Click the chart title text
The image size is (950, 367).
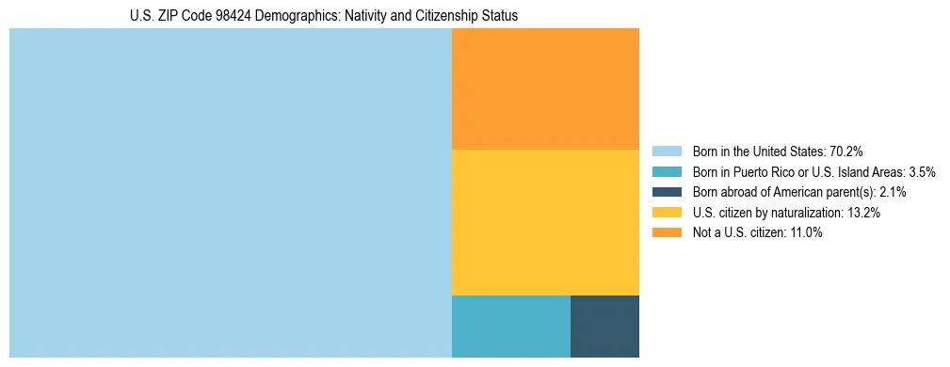coord(324,16)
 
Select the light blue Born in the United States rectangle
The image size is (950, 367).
coord(231,193)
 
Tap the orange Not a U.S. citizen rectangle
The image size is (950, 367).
coord(545,88)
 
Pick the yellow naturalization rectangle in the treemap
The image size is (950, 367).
coord(545,222)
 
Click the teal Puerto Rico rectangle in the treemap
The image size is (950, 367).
coord(511,326)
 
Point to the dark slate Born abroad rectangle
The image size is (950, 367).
coord(604,326)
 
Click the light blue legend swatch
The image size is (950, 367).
coord(667,151)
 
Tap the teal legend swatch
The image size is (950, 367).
coord(667,171)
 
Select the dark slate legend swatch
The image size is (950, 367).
coord(667,192)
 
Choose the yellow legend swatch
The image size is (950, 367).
coord(667,213)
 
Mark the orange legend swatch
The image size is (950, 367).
coord(667,233)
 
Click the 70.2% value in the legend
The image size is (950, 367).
coord(846,151)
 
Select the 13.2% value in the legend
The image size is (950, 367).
coord(863,213)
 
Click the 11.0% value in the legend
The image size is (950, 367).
coord(806,233)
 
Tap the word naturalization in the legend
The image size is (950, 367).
coord(803,213)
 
